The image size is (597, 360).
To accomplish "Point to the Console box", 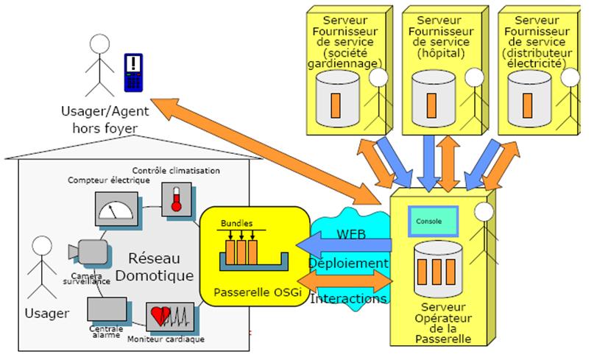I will [433, 220].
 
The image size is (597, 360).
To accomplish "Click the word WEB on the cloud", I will [351, 235].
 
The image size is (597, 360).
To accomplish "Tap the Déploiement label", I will [347, 264].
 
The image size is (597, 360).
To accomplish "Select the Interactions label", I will [348, 299].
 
